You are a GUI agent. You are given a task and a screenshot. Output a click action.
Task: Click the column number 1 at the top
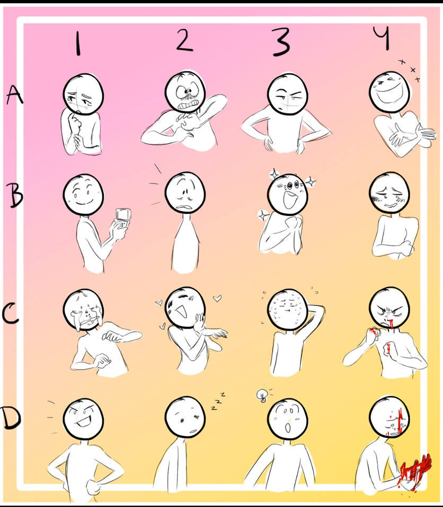(x=77, y=43)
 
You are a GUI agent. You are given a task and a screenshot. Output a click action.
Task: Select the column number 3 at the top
(x=281, y=42)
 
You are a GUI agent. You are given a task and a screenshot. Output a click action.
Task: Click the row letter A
(x=14, y=95)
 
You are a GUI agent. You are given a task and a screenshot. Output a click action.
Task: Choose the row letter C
(x=11, y=313)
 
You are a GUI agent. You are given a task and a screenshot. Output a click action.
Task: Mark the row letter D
(x=12, y=418)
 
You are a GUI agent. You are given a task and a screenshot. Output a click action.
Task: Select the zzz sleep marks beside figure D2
(x=218, y=401)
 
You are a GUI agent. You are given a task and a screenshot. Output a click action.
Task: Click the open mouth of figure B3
(x=290, y=200)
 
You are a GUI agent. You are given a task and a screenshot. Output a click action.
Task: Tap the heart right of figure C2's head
(x=217, y=298)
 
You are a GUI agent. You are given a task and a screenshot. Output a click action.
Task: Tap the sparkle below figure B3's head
(x=263, y=215)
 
